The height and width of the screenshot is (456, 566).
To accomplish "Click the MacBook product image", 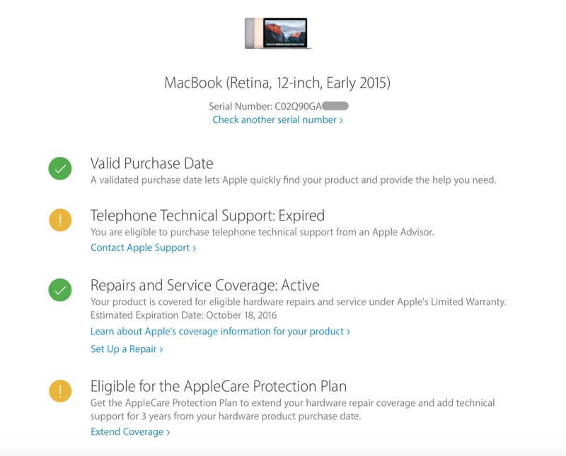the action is coord(278,33).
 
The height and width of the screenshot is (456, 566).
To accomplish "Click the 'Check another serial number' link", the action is coord(277,119).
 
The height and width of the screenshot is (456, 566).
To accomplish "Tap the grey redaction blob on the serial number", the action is coord(335,106).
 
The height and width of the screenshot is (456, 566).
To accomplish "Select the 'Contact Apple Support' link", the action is coord(143,247).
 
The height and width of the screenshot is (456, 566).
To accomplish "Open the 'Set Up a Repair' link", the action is coord(127,349).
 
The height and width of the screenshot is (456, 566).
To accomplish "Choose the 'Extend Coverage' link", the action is coord(130,432).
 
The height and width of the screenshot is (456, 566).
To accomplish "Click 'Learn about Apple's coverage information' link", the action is coord(220,332).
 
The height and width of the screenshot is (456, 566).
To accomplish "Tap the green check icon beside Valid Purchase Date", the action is coord(60,168).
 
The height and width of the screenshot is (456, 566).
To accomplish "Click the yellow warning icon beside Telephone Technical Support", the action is coord(60,220).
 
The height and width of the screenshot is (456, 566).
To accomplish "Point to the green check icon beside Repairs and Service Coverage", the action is coord(60,290).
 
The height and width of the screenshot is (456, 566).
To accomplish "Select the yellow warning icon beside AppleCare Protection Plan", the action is coord(60,391).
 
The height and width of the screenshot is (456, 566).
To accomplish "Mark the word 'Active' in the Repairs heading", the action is coord(300,285).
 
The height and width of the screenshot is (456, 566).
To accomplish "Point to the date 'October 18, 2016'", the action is coord(241,315).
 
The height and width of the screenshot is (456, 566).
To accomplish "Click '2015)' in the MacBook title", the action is coord(375,83).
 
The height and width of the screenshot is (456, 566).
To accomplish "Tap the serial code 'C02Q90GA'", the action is coord(298,106).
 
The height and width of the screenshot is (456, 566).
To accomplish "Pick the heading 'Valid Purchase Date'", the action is coord(151,163).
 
